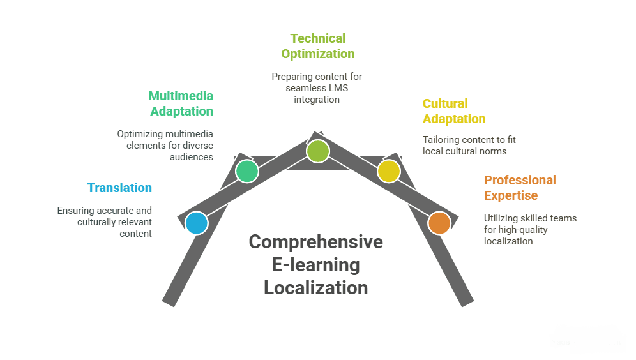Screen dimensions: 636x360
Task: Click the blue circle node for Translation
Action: (x=197, y=223)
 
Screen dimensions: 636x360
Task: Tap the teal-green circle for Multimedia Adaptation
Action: (x=247, y=171)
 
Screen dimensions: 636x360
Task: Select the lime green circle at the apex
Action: (x=318, y=151)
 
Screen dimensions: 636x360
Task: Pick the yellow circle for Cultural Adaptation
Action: (x=389, y=171)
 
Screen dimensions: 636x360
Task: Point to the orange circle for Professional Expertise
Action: (x=439, y=223)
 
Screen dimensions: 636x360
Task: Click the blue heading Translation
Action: (x=119, y=188)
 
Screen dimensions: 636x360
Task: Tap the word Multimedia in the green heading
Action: (x=181, y=96)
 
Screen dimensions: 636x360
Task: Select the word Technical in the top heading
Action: (x=317, y=38)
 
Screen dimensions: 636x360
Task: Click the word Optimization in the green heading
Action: (x=317, y=54)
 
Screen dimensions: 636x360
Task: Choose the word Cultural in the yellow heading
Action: (x=445, y=103)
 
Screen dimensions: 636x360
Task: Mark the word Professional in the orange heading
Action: (x=520, y=180)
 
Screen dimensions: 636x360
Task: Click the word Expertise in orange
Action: (x=511, y=195)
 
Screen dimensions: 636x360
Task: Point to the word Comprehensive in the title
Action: (x=315, y=242)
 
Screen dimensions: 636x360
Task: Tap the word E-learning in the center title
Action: (x=315, y=265)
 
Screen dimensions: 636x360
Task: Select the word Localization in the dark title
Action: (x=315, y=288)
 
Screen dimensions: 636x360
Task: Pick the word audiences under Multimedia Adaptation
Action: (x=192, y=157)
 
